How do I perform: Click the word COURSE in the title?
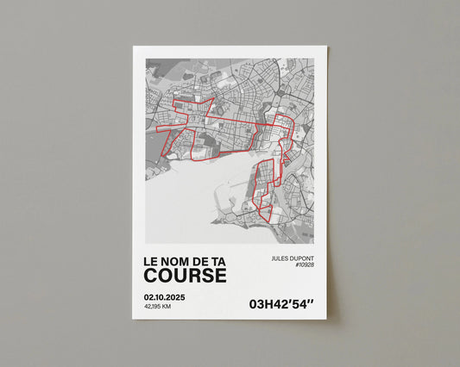185,275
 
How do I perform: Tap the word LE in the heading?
150,259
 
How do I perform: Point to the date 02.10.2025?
165,297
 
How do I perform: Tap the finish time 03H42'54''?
280,303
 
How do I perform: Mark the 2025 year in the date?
175,297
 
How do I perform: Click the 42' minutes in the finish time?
280,303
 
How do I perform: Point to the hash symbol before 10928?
295,265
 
